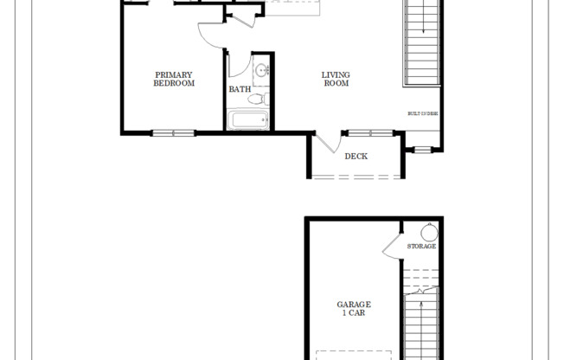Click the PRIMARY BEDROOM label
tap(174, 80)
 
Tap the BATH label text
tap(240, 89)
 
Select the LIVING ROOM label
tap(336, 80)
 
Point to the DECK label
tap(356, 157)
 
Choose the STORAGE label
tap(421, 247)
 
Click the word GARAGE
tap(353, 304)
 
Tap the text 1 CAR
tap(353, 313)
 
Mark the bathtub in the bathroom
tap(248, 119)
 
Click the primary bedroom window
tap(174, 132)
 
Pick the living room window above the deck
tap(369, 132)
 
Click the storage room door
tap(392, 246)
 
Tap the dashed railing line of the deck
tap(356, 177)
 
